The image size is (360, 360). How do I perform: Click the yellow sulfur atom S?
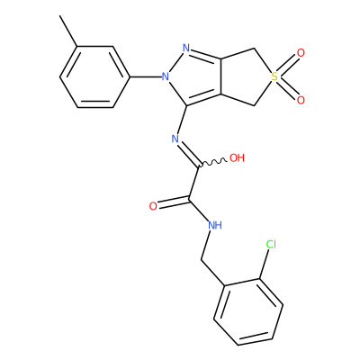pyautogui.click(x=274, y=76)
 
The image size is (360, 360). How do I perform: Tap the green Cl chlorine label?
pyautogui.click(x=271, y=245)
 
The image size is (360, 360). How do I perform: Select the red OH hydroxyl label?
pyautogui.click(x=237, y=157)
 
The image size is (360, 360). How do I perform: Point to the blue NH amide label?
pyautogui.click(x=215, y=225)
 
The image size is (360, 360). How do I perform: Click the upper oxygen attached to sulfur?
pyautogui.click(x=301, y=53)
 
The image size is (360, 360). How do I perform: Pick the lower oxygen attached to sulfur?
pyautogui.click(x=301, y=100)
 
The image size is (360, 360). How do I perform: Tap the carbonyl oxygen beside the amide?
pyautogui.click(x=153, y=206)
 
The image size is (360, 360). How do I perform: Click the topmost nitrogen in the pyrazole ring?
pyautogui.click(x=186, y=48)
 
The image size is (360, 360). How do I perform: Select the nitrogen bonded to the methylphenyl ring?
pyautogui.click(x=166, y=76)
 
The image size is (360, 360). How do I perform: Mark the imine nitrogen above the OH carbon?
pyautogui.click(x=175, y=139)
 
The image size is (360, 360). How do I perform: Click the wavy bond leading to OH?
pyautogui.click(x=212, y=162)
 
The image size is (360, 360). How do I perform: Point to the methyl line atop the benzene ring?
pyautogui.click(x=68, y=31)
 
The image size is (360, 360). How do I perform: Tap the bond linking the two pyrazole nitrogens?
pyautogui.click(x=175, y=62)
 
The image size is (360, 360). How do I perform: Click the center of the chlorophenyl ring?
pyautogui.click(x=248, y=312)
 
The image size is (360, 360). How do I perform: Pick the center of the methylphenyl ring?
pyautogui.click(x=95, y=76)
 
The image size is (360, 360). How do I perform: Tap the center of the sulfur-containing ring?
pyautogui.click(x=247, y=76)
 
